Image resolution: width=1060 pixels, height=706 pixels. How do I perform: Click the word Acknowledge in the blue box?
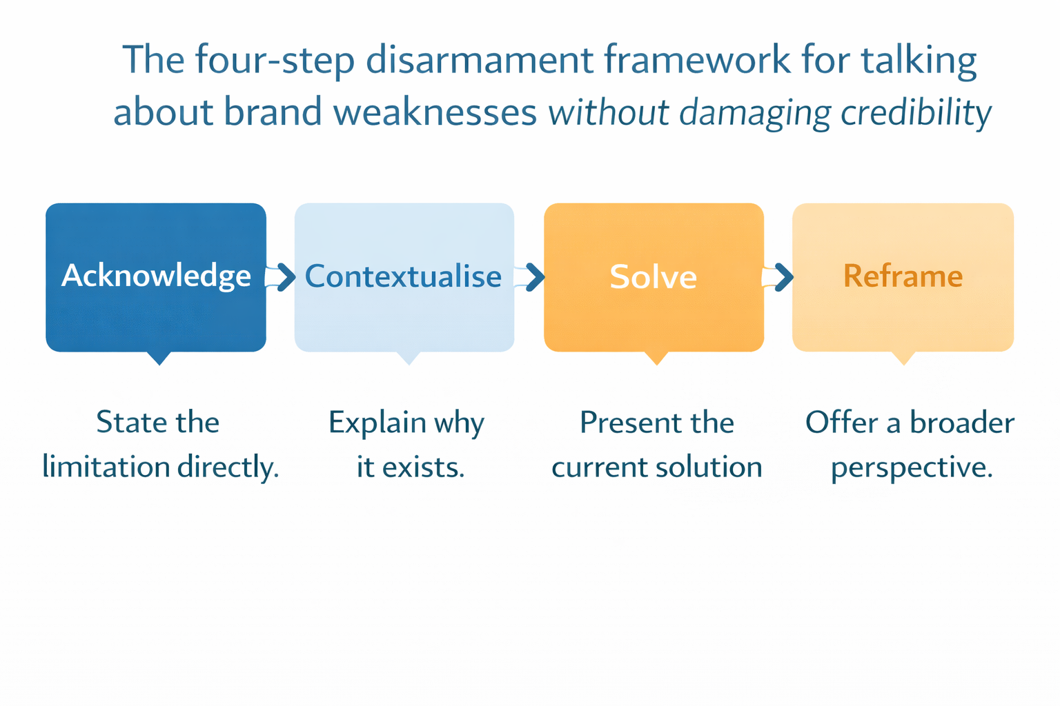[156, 276]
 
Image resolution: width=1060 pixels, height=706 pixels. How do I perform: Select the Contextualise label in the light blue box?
[403, 276]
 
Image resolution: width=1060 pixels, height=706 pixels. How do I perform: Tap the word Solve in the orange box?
[653, 277]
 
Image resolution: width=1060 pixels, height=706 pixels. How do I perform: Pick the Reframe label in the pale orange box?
[903, 276]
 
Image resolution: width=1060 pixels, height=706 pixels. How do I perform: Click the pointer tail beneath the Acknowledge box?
[159, 357]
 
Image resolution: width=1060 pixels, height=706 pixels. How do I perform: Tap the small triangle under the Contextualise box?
[409, 357]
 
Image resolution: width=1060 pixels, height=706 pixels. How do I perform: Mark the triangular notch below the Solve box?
[656, 357]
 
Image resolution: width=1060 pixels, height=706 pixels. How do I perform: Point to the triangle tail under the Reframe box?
[903, 357]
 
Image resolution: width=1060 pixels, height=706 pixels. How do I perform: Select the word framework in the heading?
[697, 60]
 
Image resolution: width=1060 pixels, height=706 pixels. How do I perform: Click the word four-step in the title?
[274, 60]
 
